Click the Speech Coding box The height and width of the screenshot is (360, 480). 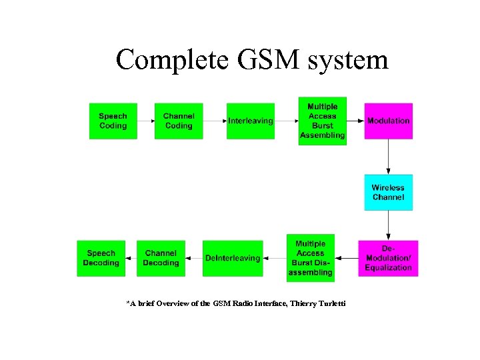[113, 121]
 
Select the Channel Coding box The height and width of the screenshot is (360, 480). [179, 121]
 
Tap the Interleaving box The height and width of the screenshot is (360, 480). [250, 121]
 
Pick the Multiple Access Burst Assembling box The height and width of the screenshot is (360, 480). [322, 121]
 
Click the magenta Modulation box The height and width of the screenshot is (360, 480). [388, 121]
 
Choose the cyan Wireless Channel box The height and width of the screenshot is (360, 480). [388, 193]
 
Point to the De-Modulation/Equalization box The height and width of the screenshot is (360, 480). [388, 258]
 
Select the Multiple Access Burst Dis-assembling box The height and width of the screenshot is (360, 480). [310, 258]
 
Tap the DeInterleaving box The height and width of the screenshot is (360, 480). [232, 258]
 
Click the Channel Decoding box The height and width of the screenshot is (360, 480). [161, 258]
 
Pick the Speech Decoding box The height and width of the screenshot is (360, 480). [101, 258]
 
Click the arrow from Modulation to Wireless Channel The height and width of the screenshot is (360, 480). [388, 157]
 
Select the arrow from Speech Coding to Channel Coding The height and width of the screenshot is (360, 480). [145, 121]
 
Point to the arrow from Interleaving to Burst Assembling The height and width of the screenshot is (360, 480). [286, 121]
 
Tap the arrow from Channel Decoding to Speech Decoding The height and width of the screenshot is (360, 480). [131, 258]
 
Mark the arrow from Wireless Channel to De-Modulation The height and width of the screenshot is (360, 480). [388, 225]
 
